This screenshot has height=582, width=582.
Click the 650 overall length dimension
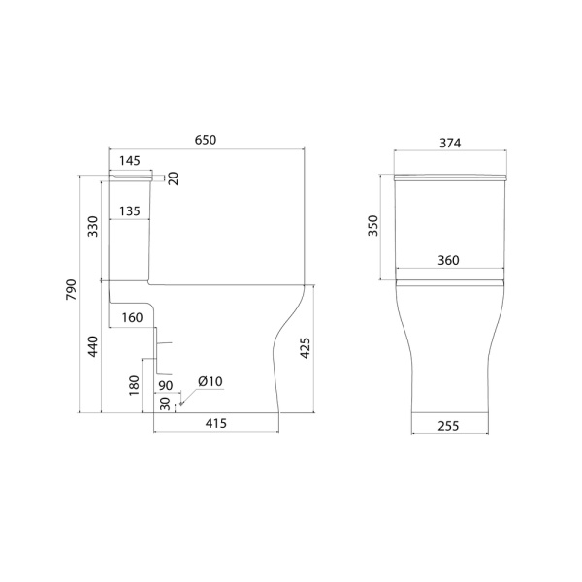click(x=206, y=140)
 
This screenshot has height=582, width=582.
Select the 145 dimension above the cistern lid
click(x=130, y=161)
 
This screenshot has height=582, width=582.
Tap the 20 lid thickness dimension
click(x=174, y=178)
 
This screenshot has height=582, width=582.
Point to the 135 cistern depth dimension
click(x=130, y=211)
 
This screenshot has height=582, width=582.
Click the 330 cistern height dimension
click(x=93, y=226)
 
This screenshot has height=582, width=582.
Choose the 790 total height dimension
click(x=71, y=290)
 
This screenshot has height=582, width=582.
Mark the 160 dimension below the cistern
click(x=132, y=318)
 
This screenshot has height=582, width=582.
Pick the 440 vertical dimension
click(x=93, y=346)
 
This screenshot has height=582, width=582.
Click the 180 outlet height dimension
click(x=134, y=386)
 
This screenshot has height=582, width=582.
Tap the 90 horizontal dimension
click(x=166, y=386)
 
